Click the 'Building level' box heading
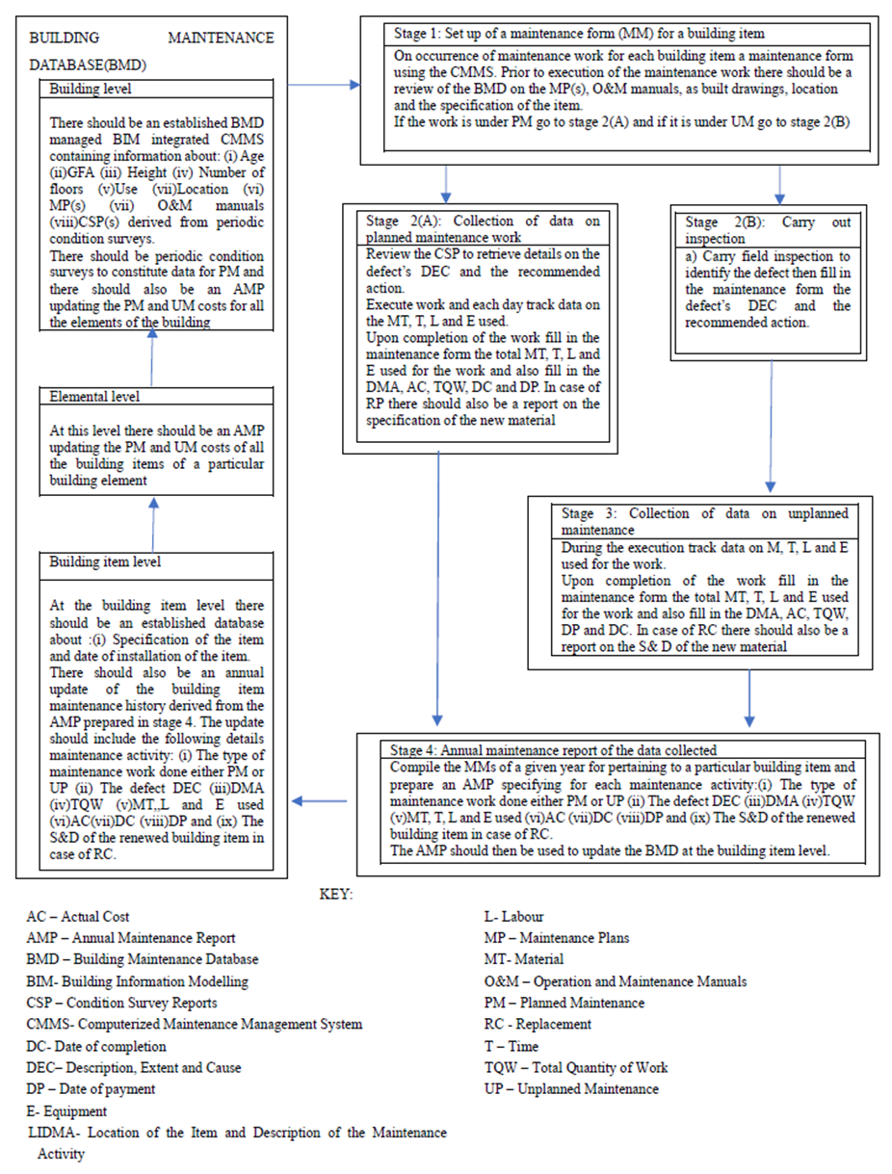[x=91, y=88]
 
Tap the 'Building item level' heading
[x=101, y=561]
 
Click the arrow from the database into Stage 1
[x=324, y=86]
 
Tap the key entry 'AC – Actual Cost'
[x=78, y=917]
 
